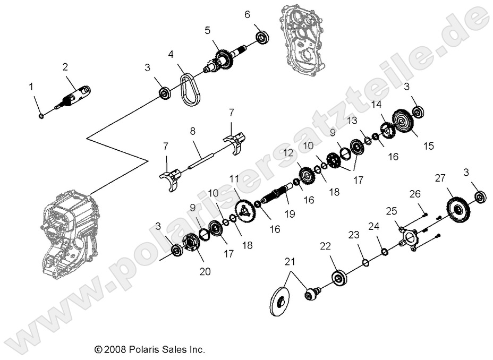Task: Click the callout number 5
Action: (208, 30)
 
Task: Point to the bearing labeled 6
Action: (261, 37)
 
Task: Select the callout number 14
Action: (376, 104)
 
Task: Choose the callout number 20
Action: (205, 271)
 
